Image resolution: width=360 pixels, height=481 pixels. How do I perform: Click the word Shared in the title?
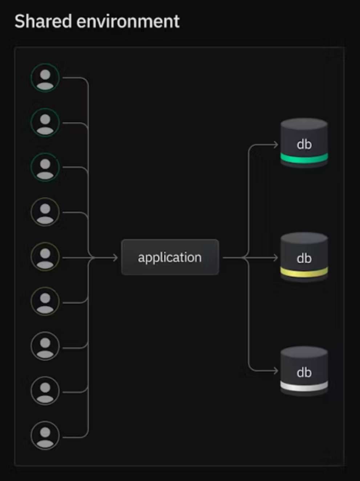tap(43, 21)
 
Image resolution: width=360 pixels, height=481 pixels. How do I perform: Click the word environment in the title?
tap(128, 21)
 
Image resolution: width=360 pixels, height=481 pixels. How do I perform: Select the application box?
tap(170, 257)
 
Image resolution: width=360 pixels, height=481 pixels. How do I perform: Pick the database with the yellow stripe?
tap(304, 257)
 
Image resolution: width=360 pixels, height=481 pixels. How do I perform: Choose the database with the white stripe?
tap(304, 371)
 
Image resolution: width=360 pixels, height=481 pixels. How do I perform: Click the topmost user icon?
tap(45, 78)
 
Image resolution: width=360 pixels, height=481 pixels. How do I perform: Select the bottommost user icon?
tap(45, 435)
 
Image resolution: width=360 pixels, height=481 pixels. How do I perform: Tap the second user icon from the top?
tap(45, 122)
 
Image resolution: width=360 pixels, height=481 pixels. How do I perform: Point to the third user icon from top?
tap(45, 167)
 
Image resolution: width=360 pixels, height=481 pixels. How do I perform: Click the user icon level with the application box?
tap(45, 256)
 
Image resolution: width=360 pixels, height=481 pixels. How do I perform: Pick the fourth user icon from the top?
tap(45, 212)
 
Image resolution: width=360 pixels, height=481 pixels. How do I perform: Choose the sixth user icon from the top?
tap(45, 301)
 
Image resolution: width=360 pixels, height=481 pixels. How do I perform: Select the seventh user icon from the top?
tap(45, 346)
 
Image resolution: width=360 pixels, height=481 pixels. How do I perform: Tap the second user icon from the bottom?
tap(45, 391)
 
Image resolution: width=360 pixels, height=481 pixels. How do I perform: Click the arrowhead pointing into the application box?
tap(115, 258)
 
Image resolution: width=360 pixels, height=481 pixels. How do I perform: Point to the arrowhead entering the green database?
tap(275, 145)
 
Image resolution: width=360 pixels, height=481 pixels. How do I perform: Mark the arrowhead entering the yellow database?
tap(275, 258)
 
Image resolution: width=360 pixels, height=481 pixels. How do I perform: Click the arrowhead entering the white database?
tap(275, 371)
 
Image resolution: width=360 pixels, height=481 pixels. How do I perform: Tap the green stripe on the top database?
tap(304, 159)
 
